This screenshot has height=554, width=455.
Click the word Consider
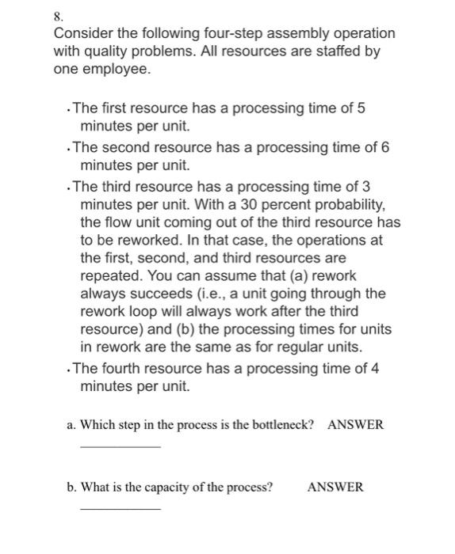82,34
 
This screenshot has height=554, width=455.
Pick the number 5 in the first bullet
361,108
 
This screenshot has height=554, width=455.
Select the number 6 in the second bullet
386,148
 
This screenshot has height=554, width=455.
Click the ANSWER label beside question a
355,425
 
